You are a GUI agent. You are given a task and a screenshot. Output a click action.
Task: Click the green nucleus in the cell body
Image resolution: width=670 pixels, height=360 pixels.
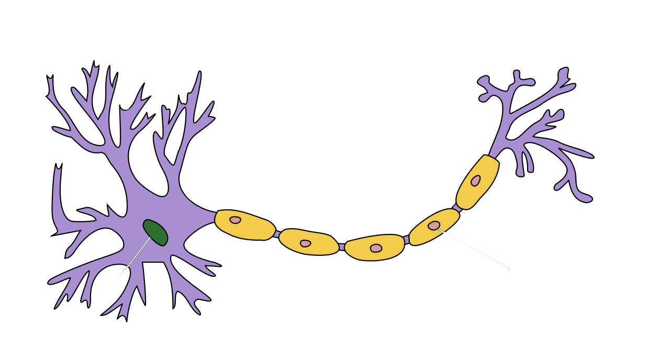point(155,232)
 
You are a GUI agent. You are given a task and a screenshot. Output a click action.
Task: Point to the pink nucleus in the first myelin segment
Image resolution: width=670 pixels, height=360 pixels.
point(236,220)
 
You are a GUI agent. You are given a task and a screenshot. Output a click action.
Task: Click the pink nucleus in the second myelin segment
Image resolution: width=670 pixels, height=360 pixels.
point(305,243)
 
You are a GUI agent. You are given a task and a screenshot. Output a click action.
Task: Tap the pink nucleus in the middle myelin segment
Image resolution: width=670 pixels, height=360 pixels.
point(376,248)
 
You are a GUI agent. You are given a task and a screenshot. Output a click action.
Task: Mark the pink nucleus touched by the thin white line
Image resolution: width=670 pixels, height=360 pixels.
point(434,226)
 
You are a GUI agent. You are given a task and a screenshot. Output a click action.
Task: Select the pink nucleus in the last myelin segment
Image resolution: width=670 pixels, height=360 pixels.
point(475,181)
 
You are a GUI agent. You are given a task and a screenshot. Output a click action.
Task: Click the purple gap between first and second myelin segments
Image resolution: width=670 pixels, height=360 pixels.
point(277,234)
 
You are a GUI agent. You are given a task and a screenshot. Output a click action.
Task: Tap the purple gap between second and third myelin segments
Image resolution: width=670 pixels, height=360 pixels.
point(342,246)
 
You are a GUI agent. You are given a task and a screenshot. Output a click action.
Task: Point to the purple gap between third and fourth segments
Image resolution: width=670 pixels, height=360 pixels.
point(406,240)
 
